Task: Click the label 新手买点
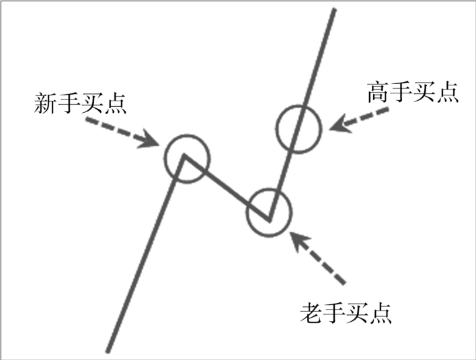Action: click(x=81, y=103)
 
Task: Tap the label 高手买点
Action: click(x=413, y=93)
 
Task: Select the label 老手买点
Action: click(x=346, y=312)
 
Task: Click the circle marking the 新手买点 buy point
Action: click(x=188, y=157)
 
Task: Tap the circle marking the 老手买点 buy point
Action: click(x=269, y=212)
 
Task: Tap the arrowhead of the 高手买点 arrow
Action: click(x=335, y=124)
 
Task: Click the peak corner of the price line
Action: click(x=183, y=158)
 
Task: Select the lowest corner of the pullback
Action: click(x=269, y=220)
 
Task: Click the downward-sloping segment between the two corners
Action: click(x=226, y=189)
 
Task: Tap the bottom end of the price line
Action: click(x=108, y=350)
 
